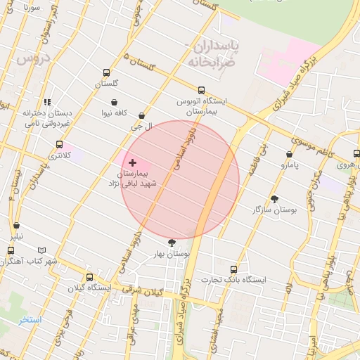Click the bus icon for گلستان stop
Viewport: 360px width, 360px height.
(x=107, y=72)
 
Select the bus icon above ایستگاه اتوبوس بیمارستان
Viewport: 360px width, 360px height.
(x=202, y=90)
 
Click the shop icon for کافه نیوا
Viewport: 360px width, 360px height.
(x=114, y=103)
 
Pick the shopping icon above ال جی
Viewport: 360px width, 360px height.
(x=142, y=116)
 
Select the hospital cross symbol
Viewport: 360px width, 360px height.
(x=133, y=162)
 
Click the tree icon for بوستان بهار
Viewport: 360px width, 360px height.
(x=172, y=243)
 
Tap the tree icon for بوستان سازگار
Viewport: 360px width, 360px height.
(x=274, y=199)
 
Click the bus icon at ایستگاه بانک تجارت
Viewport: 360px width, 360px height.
(x=233, y=269)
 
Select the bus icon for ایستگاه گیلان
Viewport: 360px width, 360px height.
(x=89, y=277)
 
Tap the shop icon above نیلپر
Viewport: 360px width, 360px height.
(x=16, y=226)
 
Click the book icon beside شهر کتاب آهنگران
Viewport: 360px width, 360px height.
(x=42, y=250)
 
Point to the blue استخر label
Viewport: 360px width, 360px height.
(x=31, y=320)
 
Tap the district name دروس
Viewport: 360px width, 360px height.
(x=30, y=60)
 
